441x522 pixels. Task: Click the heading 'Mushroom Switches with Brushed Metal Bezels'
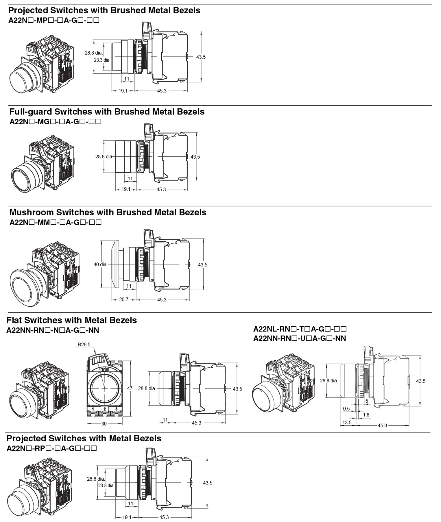click(x=108, y=212)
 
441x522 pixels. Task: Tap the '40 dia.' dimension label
click(x=100, y=264)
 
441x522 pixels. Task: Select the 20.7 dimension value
click(x=123, y=300)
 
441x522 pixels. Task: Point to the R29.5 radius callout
click(x=84, y=345)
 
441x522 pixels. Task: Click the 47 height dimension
click(x=130, y=388)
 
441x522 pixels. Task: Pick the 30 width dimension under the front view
click(x=104, y=424)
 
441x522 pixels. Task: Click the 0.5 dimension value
click(x=346, y=409)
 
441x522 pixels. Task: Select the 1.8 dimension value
click(x=366, y=415)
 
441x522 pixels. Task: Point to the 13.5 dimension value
click(x=347, y=423)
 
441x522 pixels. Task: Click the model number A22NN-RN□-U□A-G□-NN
click(x=299, y=338)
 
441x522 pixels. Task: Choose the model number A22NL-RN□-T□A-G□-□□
click(x=300, y=329)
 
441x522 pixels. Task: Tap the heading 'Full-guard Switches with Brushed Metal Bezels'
click(x=107, y=112)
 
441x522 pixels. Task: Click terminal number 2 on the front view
click(x=104, y=409)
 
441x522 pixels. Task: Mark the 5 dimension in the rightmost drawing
click(x=367, y=401)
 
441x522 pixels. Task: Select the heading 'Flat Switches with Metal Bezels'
click(x=71, y=320)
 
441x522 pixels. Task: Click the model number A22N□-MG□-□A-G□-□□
click(x=55, y=121)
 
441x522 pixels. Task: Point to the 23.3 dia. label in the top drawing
click(x=102, y=60)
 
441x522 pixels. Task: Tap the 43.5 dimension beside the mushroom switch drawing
click(x=202, y=264)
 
